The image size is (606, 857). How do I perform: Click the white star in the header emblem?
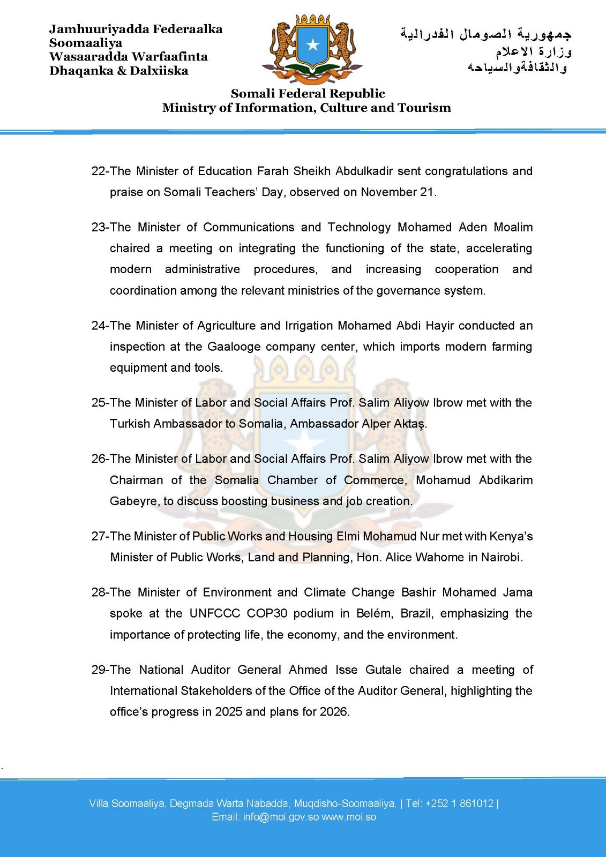[313, 45]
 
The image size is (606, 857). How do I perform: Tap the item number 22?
[99, 171]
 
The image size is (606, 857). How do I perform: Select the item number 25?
[99, 403]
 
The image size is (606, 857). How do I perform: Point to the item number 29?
[99, 670]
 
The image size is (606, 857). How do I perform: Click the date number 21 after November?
[427, 192]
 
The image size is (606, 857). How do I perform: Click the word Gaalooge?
[234, 347]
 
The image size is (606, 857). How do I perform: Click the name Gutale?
[383, 670]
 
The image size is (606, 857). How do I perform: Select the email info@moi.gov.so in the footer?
[281, 817]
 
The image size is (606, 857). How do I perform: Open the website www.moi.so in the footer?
[349, 817]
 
